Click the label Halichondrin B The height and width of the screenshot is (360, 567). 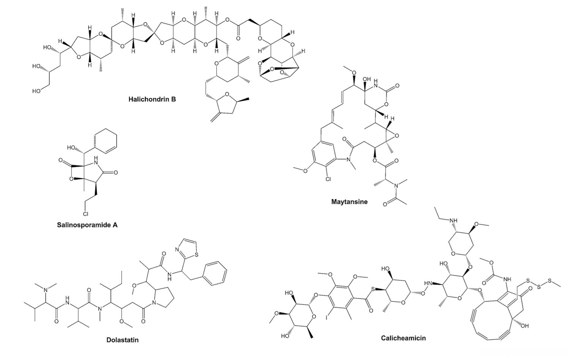(152, 100)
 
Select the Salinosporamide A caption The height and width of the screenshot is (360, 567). (87, 225)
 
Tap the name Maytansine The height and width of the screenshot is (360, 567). (349, 201)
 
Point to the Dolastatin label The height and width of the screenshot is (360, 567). (122, 340)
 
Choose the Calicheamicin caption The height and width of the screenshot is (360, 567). (403, 338)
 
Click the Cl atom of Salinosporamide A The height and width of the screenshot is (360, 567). (86, 212)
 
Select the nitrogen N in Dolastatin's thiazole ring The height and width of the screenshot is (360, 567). (177, 250)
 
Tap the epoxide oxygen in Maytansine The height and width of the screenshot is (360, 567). (396, 136)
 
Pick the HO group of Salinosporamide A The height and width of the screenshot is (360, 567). (72, 147)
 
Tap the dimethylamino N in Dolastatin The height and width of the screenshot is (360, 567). (46, 290)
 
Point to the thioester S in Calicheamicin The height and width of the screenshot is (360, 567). (373, 290)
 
